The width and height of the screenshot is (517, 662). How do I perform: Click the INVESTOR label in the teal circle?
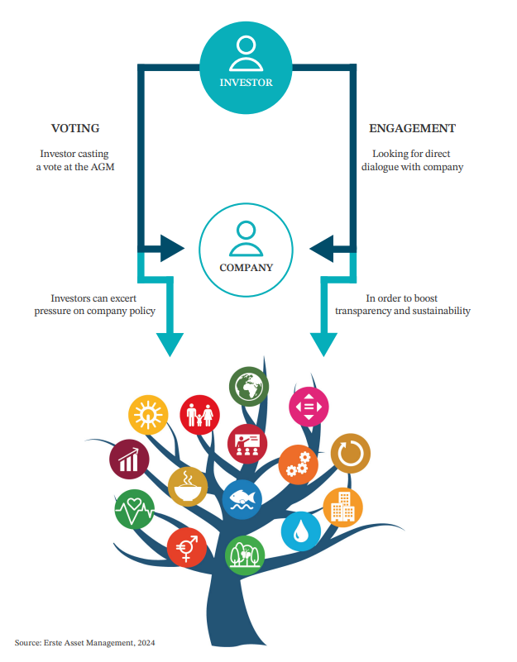(x=246, y=83)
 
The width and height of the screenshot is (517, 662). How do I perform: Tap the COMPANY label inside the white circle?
(x=246, y=267)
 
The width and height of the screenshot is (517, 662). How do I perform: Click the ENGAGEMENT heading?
(x=411, y=129)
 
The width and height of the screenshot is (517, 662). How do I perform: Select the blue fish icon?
(x=242, y=499)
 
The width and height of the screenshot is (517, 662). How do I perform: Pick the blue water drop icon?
(x=301, y=530)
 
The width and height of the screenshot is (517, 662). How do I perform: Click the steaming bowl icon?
(x=188, y=486)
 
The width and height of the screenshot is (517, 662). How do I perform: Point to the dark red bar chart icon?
(x=130, y=458)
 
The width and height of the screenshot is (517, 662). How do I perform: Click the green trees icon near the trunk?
(x=245, y=555)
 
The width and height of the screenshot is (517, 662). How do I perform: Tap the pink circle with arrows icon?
(x=309, y=406)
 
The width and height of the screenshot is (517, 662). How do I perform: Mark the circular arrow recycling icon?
(x=350, y=453)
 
